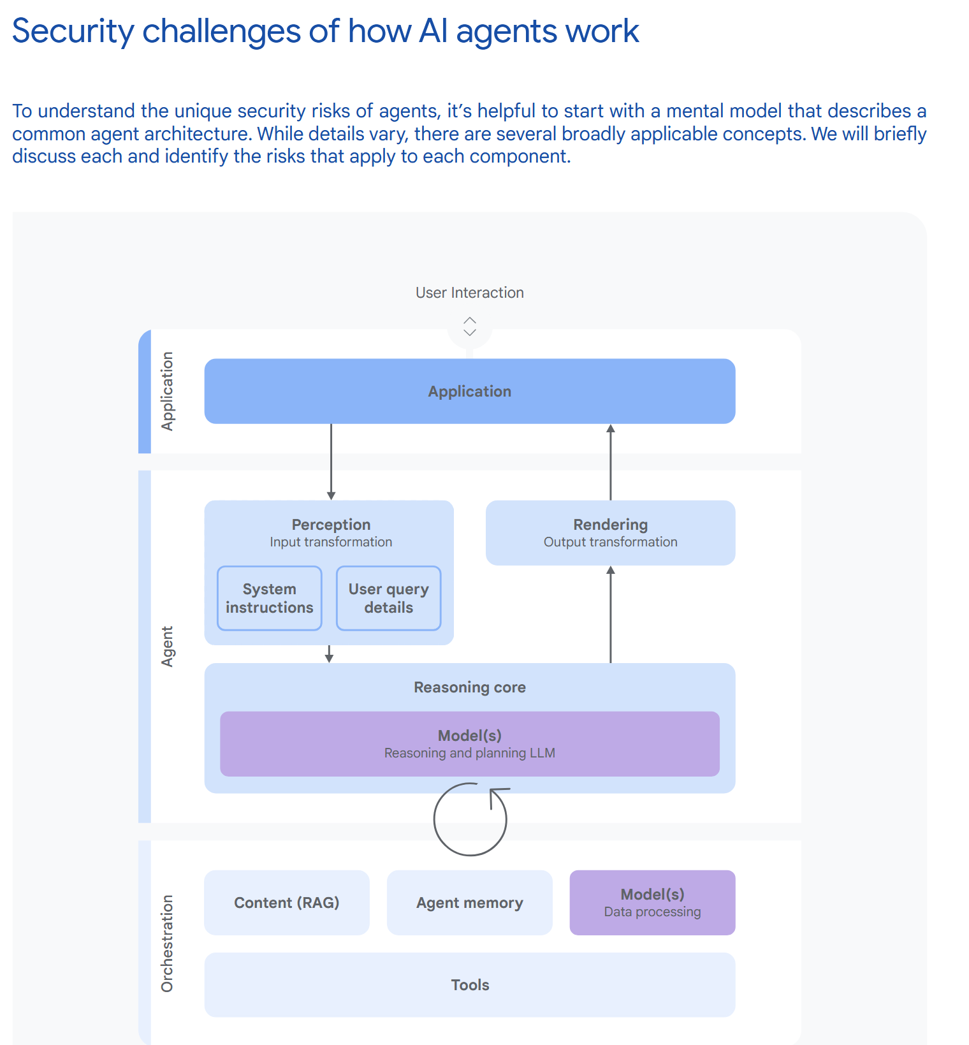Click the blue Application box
point(469,391)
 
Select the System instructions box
point(269,598)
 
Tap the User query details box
point(388,598)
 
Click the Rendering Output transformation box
point(610,532)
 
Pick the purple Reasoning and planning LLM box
point(469,743)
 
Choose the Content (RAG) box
point(286,902)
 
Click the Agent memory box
point(469,902)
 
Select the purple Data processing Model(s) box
point(652,902)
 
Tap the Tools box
point(469,984)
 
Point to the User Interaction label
point(469,293)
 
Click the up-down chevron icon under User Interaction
point(470,326)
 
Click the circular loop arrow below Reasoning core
point(470,819)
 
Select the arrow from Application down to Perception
point(331,462)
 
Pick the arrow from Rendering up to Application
point(610,462)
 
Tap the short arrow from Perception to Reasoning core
point(329,654)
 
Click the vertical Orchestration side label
point(167,943)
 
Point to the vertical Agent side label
point(167,646)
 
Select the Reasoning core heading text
point(469,687)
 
